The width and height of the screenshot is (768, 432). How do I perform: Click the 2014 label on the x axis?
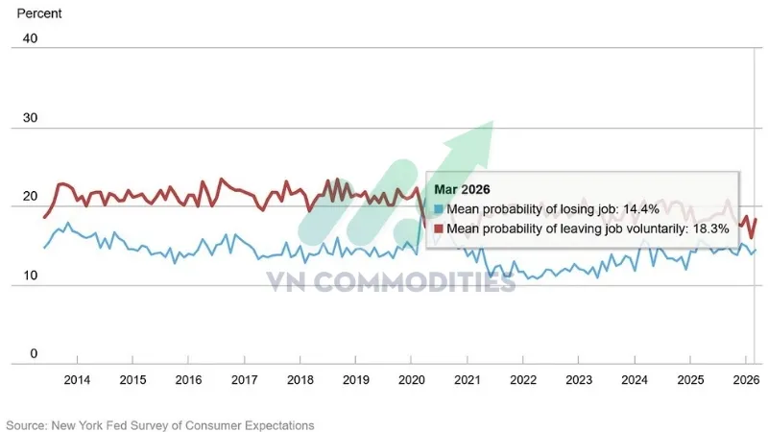click(x=77, y=380)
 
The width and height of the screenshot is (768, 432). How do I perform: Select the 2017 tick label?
click(x=245, y=380)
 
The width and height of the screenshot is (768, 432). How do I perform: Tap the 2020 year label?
click(x=412, y=380)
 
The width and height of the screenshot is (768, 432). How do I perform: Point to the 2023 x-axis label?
click(x=579, y=380)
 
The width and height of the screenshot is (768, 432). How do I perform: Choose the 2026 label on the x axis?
click(x=746, y=380)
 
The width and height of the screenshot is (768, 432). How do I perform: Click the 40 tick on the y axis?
click(x=30, y=38)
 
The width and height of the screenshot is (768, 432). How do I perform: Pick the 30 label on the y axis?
click(x=30, y=118)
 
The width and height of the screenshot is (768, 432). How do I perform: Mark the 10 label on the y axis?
click(x=30, y=276)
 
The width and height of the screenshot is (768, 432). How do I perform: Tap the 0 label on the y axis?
click(x=33, y=354)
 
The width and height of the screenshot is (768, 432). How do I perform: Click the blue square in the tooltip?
click(x=439, y=209)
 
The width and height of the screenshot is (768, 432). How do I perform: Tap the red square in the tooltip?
click(x=439, y=228)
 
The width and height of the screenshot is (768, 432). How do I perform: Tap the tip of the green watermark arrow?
click(x=492, y=123)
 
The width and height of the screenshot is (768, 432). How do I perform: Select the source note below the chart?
click(x=160, y=424)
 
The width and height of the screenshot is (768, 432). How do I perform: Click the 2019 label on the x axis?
click(x=356, y=380)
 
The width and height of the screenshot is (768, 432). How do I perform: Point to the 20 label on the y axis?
click(x=30, y=197)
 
